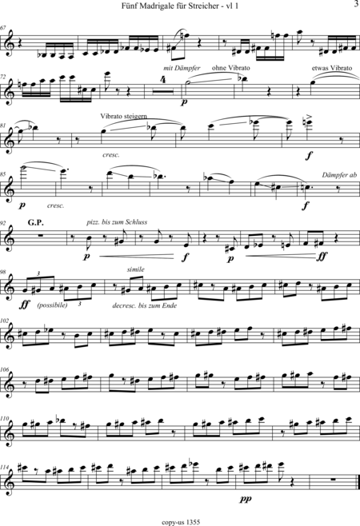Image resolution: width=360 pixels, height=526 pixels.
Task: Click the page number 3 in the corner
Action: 356,4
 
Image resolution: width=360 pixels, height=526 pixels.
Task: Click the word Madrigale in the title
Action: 157,6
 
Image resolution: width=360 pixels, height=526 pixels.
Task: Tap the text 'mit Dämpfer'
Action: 182,68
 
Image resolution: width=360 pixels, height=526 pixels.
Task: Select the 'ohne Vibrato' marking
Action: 230,68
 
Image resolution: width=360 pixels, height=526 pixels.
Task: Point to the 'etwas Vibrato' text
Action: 332,68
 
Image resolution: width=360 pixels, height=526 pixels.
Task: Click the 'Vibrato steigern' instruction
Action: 123,117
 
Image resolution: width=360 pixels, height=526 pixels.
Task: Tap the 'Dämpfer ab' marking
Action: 339,175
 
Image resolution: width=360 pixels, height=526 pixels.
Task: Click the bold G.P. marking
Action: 36,223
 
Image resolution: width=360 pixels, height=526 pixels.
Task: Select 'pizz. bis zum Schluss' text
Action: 117,222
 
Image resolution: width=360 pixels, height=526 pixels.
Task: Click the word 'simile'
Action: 136,269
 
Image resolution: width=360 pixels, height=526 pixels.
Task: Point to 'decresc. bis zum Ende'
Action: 145,305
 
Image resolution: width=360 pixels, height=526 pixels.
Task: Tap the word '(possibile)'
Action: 52,305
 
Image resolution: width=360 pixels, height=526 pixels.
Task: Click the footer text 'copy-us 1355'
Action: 181,522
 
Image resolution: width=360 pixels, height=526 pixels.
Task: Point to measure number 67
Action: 3,28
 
